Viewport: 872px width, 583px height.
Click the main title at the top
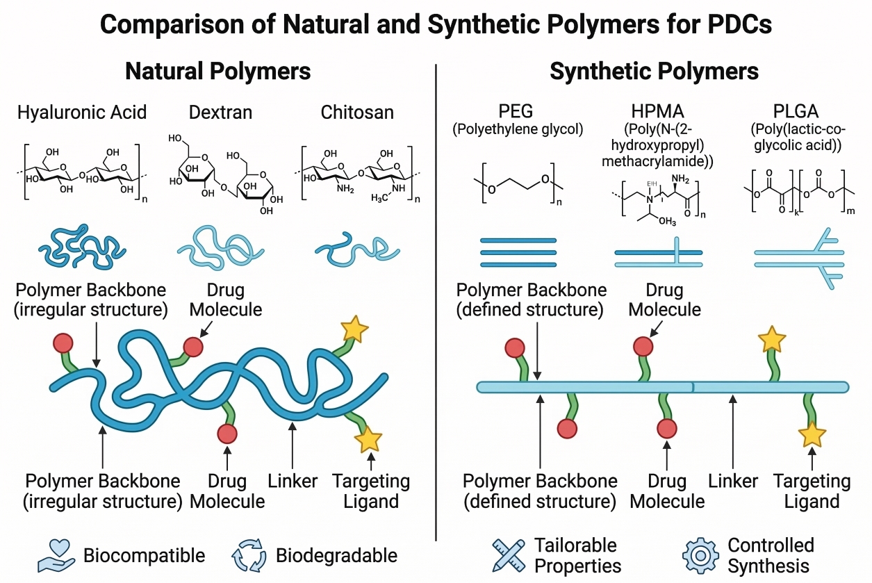click(436, 24)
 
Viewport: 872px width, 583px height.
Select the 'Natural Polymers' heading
click(217, 72)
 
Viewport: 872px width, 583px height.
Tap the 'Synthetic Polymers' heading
click(654, 72)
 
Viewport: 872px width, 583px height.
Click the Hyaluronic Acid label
click(82, 112)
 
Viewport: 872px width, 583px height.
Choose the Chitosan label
click(357, 112)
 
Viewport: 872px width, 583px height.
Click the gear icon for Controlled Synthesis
click(700, 555)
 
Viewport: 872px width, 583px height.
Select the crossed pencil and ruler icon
click(509, 555)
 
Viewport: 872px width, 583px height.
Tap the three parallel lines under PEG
click(518, 252)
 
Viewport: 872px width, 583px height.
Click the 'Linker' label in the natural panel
click(293, 481)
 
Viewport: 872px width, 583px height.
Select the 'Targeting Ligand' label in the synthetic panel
click(812, 491)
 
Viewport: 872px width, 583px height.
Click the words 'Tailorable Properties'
click(577, 555)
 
